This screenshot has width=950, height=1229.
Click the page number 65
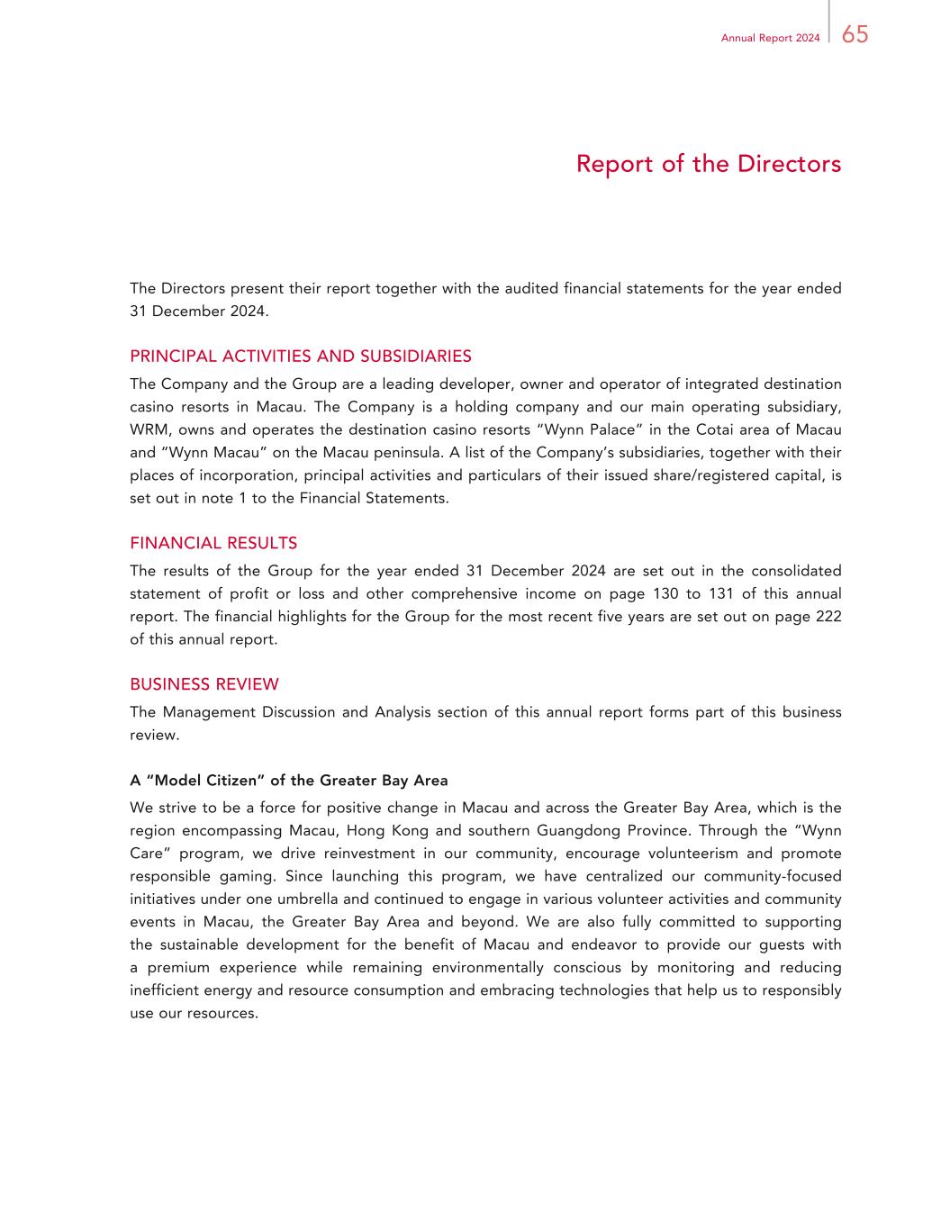(x=855, y=35)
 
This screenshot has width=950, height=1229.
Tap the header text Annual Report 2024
(x=770, y=38)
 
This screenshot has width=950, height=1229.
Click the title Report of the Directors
(x=708, y=164)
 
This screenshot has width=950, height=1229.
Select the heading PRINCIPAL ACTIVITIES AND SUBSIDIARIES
(x=301, y=356)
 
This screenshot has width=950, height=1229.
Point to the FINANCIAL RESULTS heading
(x=213, y=543)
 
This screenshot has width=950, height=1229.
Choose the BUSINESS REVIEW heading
(x=204, y=684)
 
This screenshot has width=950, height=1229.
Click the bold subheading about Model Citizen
(x=289, y=780)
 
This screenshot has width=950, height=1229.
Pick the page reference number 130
(x=665, y=593)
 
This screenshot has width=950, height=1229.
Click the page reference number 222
(x=826, y=616)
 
